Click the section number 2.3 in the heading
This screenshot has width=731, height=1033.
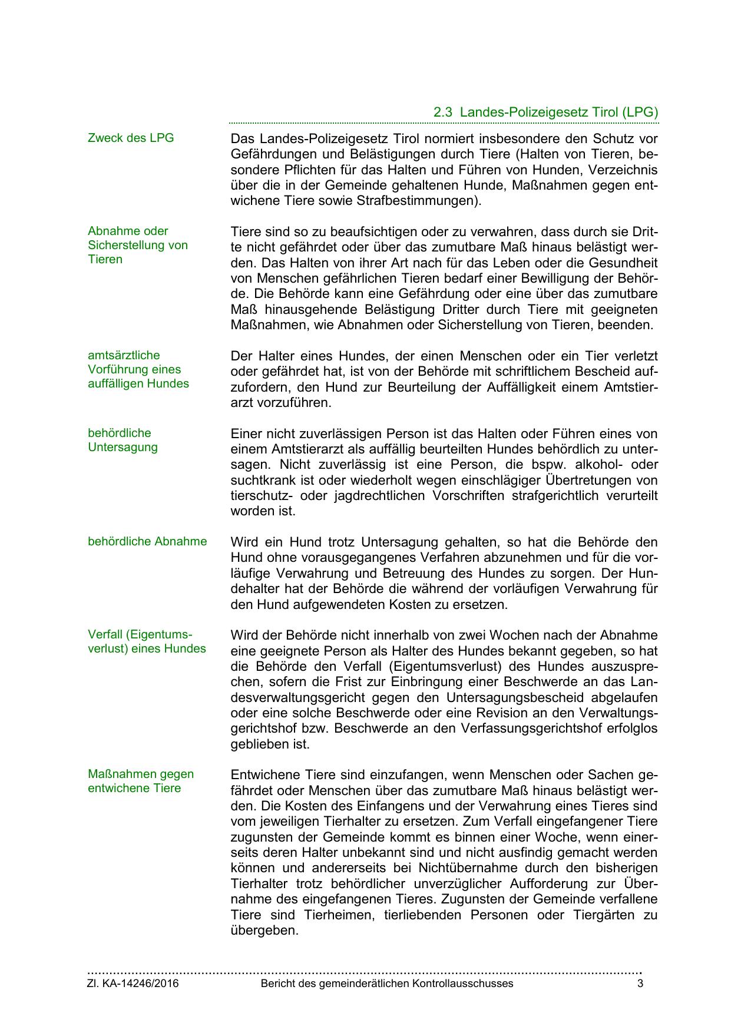pos(442,112)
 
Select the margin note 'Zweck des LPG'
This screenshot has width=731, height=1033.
pos(131,138)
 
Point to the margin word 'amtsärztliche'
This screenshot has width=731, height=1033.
pos(124,355)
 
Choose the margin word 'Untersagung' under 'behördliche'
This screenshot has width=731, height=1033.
pos(123,447)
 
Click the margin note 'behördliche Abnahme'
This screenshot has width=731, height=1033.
pos(147,541)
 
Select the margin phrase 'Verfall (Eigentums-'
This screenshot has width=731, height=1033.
pos(140,634)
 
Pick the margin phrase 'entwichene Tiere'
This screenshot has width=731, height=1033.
pos(134,788)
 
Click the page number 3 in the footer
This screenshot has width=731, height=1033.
pos(640,984)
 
